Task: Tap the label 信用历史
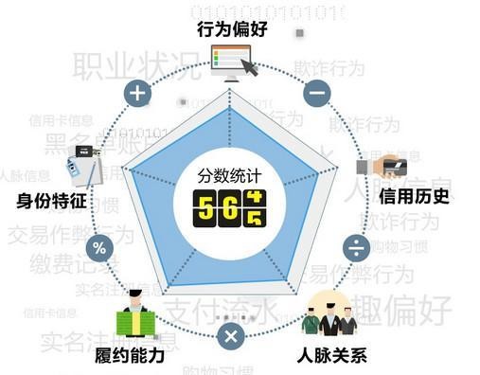click(x=414, y=197)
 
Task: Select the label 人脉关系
click(x=330, y=356)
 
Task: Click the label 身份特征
click(x=52, y=201)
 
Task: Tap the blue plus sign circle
click(x=139, y=93)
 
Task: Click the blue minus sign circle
click(x=316, y=93)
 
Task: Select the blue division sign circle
click(x=356, y=248)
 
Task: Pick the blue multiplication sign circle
click(x=229, y=337)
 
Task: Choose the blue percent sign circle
click(x=99, y=248)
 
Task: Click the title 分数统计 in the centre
click(x=226, y=176)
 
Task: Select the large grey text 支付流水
click(x=216, y=312)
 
